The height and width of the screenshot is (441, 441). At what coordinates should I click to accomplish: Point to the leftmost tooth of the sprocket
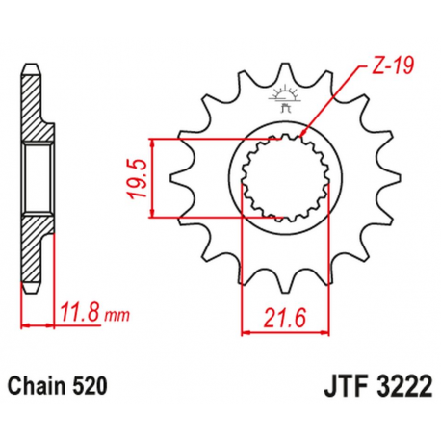[x=176, y=178]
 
